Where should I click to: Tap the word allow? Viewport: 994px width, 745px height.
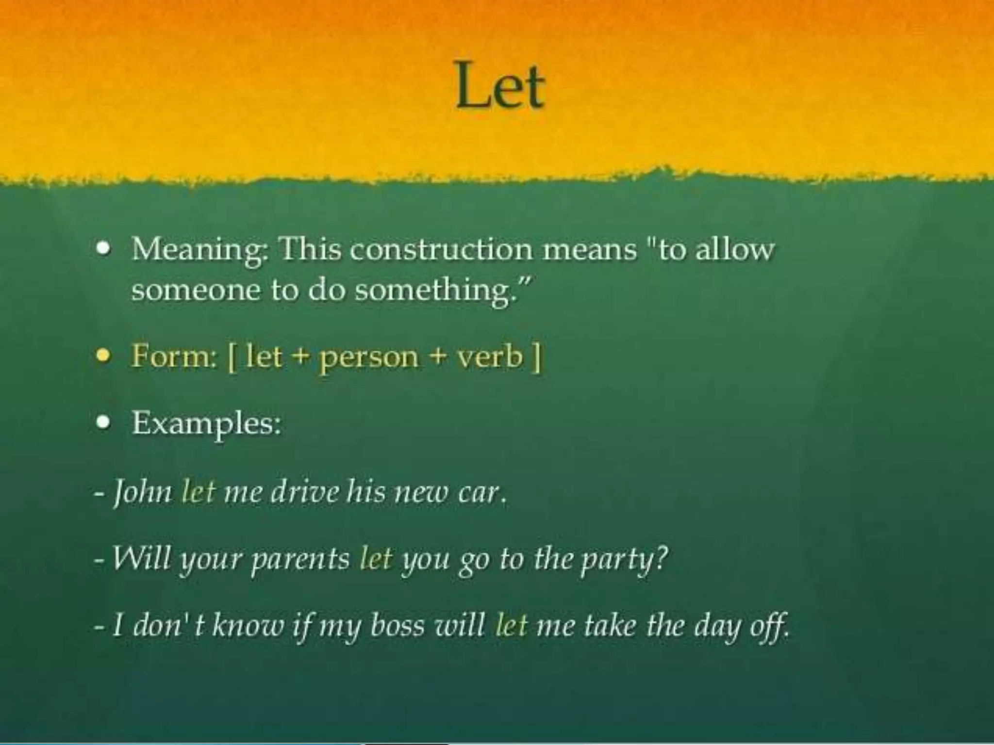735,249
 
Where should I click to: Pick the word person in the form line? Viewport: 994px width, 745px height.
368,358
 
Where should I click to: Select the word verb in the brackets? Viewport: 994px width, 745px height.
490,356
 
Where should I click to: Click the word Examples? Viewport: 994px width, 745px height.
206,423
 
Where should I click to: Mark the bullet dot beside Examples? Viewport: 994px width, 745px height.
102,422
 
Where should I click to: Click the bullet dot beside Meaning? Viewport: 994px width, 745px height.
102,249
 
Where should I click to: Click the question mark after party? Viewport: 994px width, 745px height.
661,557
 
